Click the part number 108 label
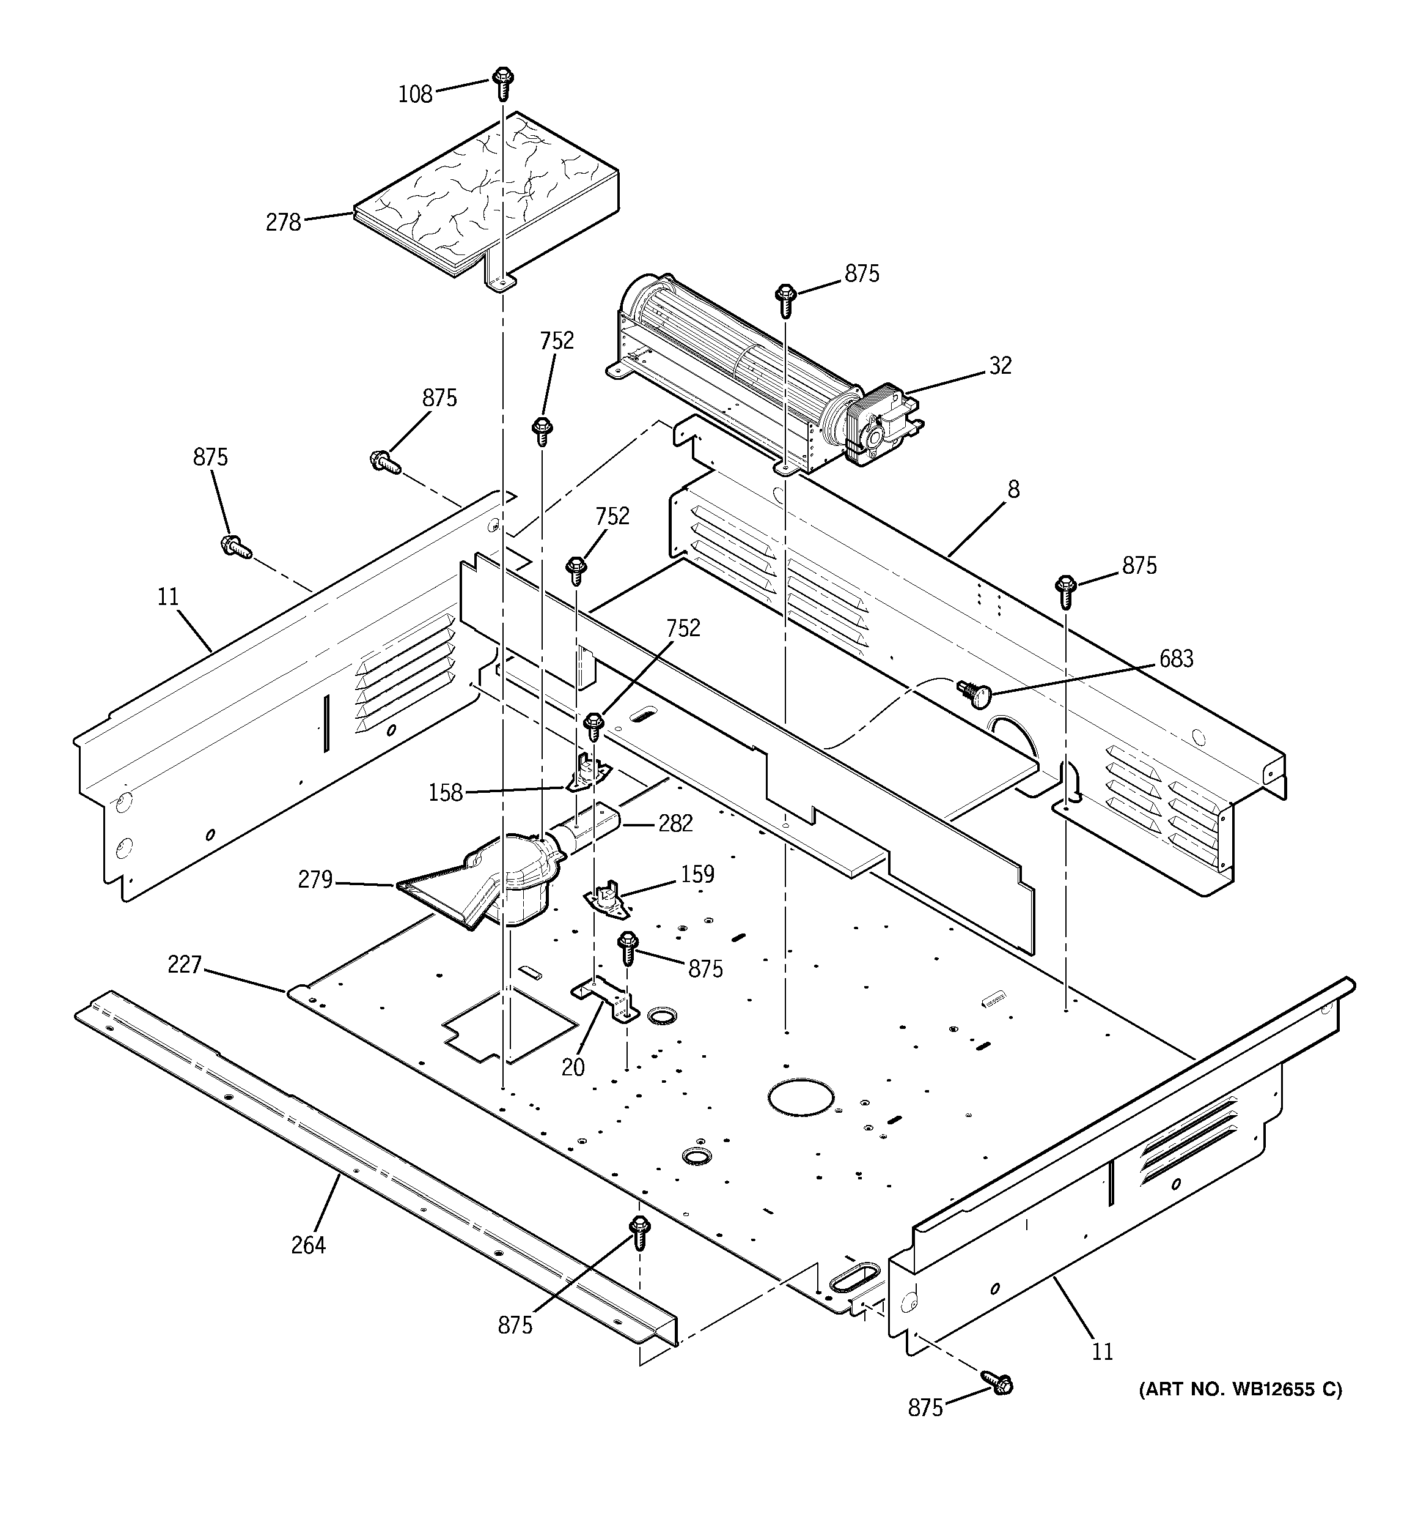pos(415,94)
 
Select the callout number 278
pos(283,223)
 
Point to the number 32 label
pos(1000,366)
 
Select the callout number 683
pos(1175,659)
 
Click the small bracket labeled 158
pos(587,774)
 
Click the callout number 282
pos(675,823)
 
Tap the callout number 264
pos(307,1245)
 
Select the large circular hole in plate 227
pos(800,1097)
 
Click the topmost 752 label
pos(556,341)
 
